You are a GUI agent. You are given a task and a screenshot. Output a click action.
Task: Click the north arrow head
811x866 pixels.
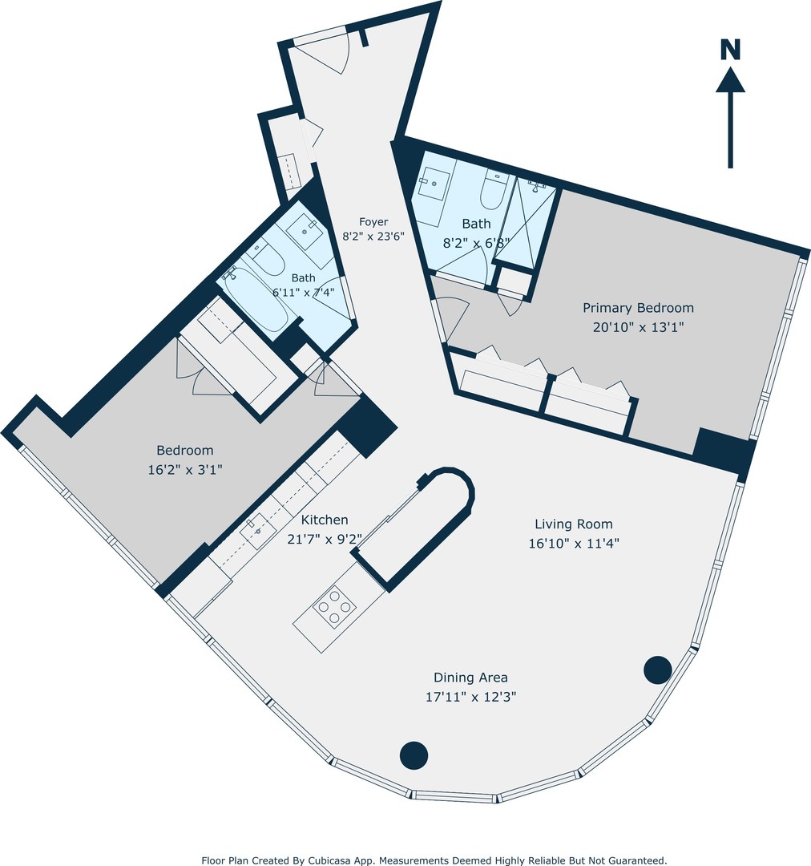[730, 80]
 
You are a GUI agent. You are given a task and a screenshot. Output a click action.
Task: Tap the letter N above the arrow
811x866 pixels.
[730, 50]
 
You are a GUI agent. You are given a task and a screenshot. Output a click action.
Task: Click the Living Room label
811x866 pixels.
[574, 524]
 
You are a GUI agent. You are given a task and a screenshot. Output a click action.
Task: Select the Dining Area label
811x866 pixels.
[470, 678]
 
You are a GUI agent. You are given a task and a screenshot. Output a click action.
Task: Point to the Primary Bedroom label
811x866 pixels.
[638, 308]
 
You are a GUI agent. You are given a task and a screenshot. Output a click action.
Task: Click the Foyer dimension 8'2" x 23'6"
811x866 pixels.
[373, 237]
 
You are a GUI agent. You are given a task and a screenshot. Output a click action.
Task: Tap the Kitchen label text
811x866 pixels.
[325, 520]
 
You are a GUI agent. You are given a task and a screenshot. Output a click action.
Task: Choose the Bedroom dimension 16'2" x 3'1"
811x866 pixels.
[185, 470]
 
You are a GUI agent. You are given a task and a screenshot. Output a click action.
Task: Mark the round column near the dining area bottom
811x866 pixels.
[414, 755]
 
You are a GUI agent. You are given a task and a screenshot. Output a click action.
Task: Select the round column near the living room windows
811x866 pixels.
[658, 670]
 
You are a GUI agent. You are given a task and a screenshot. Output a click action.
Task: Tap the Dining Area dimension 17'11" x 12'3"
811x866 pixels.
[470, 697]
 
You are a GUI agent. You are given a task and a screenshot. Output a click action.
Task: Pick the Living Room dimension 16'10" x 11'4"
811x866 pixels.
[574, 544]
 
